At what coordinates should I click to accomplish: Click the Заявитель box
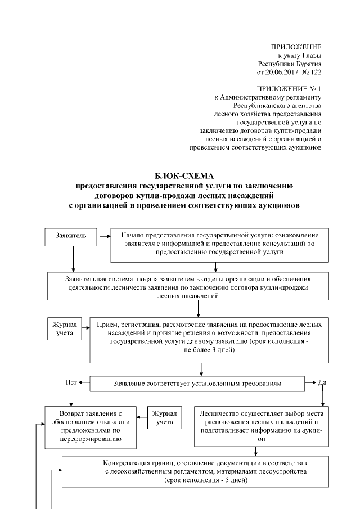(71, 236)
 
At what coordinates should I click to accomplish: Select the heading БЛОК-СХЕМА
(180, 175)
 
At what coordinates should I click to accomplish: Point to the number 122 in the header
(316, 73)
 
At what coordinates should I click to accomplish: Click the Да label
(322, 383)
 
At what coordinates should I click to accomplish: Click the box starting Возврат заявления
(91, 427)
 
